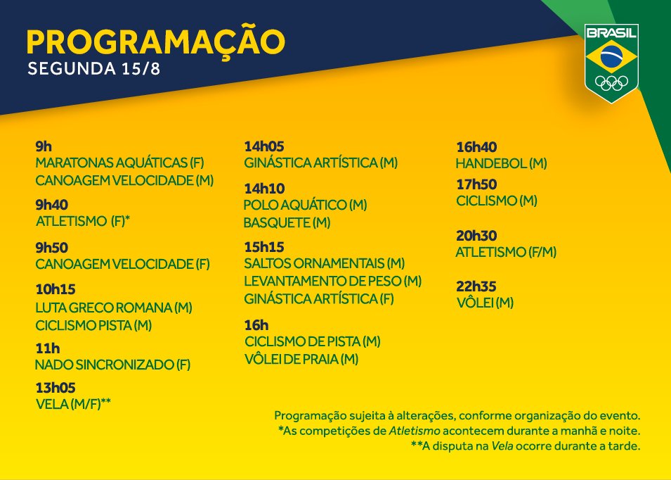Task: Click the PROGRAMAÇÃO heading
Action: pyautogui.click(x=156, y=42)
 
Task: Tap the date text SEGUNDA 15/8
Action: pyautogui.click(x=93, y=68)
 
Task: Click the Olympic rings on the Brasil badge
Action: pyautogui.click(x=611, y=83)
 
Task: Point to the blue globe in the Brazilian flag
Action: pyautogui.click(x=611, y=56)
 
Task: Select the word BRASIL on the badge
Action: pyautogui.click(x=611, y=32)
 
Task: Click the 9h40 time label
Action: pyautogui.click(x=52, y=205)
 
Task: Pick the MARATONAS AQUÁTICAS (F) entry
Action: pyautogui.click(x=120, y=163)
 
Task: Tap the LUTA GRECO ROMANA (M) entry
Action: pyautogui.click(x=114, y=308)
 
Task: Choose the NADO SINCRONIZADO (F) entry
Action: pyautogui.click(x=112, y=365)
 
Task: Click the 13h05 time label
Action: pyautogui.click(x=56, y=388)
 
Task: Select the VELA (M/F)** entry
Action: pyautogui.click(x=73, y=404)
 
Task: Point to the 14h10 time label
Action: pyautogui.click(x=264, y=189)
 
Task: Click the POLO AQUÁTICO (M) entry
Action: pyautogui.click(x=305, y=205)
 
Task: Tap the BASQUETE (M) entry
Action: pyautogui.click(x=287, y=223)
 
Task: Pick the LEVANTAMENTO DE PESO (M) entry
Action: pyautogui.click(x=333, y=281)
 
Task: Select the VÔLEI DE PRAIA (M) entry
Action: pyautogui.click(x=301, y=359)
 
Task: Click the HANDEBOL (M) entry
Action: pyautogui.click(x=502, y=163)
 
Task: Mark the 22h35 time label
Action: pyautogui.click(x=476, y=286)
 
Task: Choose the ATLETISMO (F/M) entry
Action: pyautogui.click(x=507, y=252)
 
